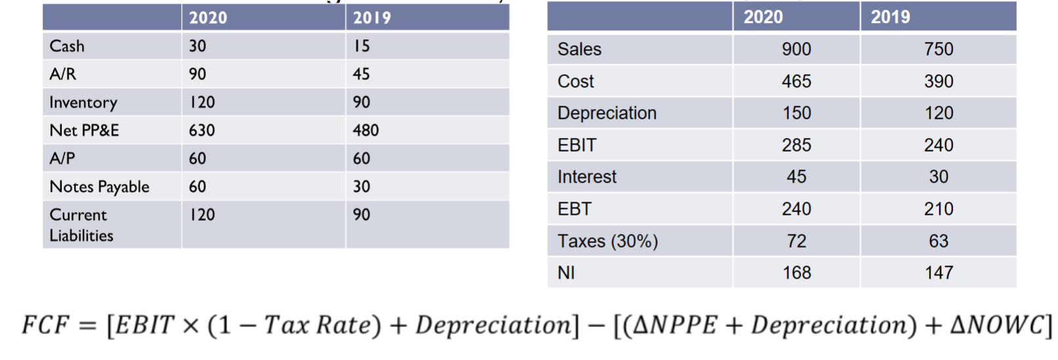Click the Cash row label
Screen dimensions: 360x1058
[x=67, y=46]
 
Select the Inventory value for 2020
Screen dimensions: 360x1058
[x=202, y=102]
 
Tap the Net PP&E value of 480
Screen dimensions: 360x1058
[x=366, y=131]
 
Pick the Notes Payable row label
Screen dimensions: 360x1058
[x=100, y=187]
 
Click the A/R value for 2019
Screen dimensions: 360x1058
[x=361, y=74]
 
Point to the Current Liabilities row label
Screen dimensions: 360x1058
[x=81, y=225]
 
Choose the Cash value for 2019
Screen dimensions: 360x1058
[x=362, y=46]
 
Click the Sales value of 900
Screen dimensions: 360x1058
[x=796, y=49]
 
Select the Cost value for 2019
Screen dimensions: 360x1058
[x=938, y=81]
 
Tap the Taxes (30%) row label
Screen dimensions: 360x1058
[x=607, y=241]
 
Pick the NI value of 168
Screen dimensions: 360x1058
[x=797, y=273]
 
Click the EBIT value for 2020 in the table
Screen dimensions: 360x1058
[x=796, y=145]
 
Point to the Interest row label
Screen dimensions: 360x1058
[x=587, y=177]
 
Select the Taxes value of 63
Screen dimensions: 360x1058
[x=938, y=241]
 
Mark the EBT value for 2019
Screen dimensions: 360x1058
[x=938, y=209]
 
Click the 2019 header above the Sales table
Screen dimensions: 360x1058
[x=891, y=17]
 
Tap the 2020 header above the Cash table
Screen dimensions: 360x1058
[x=208, y=18]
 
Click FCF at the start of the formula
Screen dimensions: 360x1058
[x=45, y=325]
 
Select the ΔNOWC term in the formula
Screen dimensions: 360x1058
[x=996, y=325]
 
